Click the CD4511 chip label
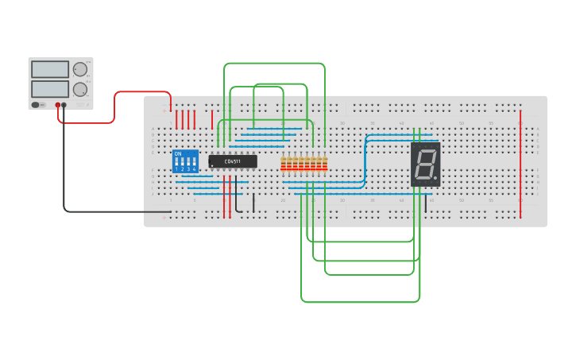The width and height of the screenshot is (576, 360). pos(233,161)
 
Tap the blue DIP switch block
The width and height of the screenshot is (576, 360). pos(185,161)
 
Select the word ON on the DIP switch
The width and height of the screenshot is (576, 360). pos(177,153)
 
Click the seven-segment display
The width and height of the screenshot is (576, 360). pos(425,165)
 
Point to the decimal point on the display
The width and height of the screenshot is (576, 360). pos(435,177)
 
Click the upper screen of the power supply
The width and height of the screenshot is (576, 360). pos(50,70)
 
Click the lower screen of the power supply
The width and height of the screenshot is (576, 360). pos(50,88)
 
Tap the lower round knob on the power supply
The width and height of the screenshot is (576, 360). pos(80,89)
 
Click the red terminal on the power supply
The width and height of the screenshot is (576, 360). pos(58,105)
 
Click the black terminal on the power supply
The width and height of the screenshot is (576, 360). pos(64,105)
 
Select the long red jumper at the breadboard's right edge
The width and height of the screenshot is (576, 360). pos(520,163)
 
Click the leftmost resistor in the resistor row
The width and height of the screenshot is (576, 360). pos(284,165)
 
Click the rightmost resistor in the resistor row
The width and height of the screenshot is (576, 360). pos(325,165)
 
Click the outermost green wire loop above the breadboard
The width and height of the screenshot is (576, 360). pos(274,64)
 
